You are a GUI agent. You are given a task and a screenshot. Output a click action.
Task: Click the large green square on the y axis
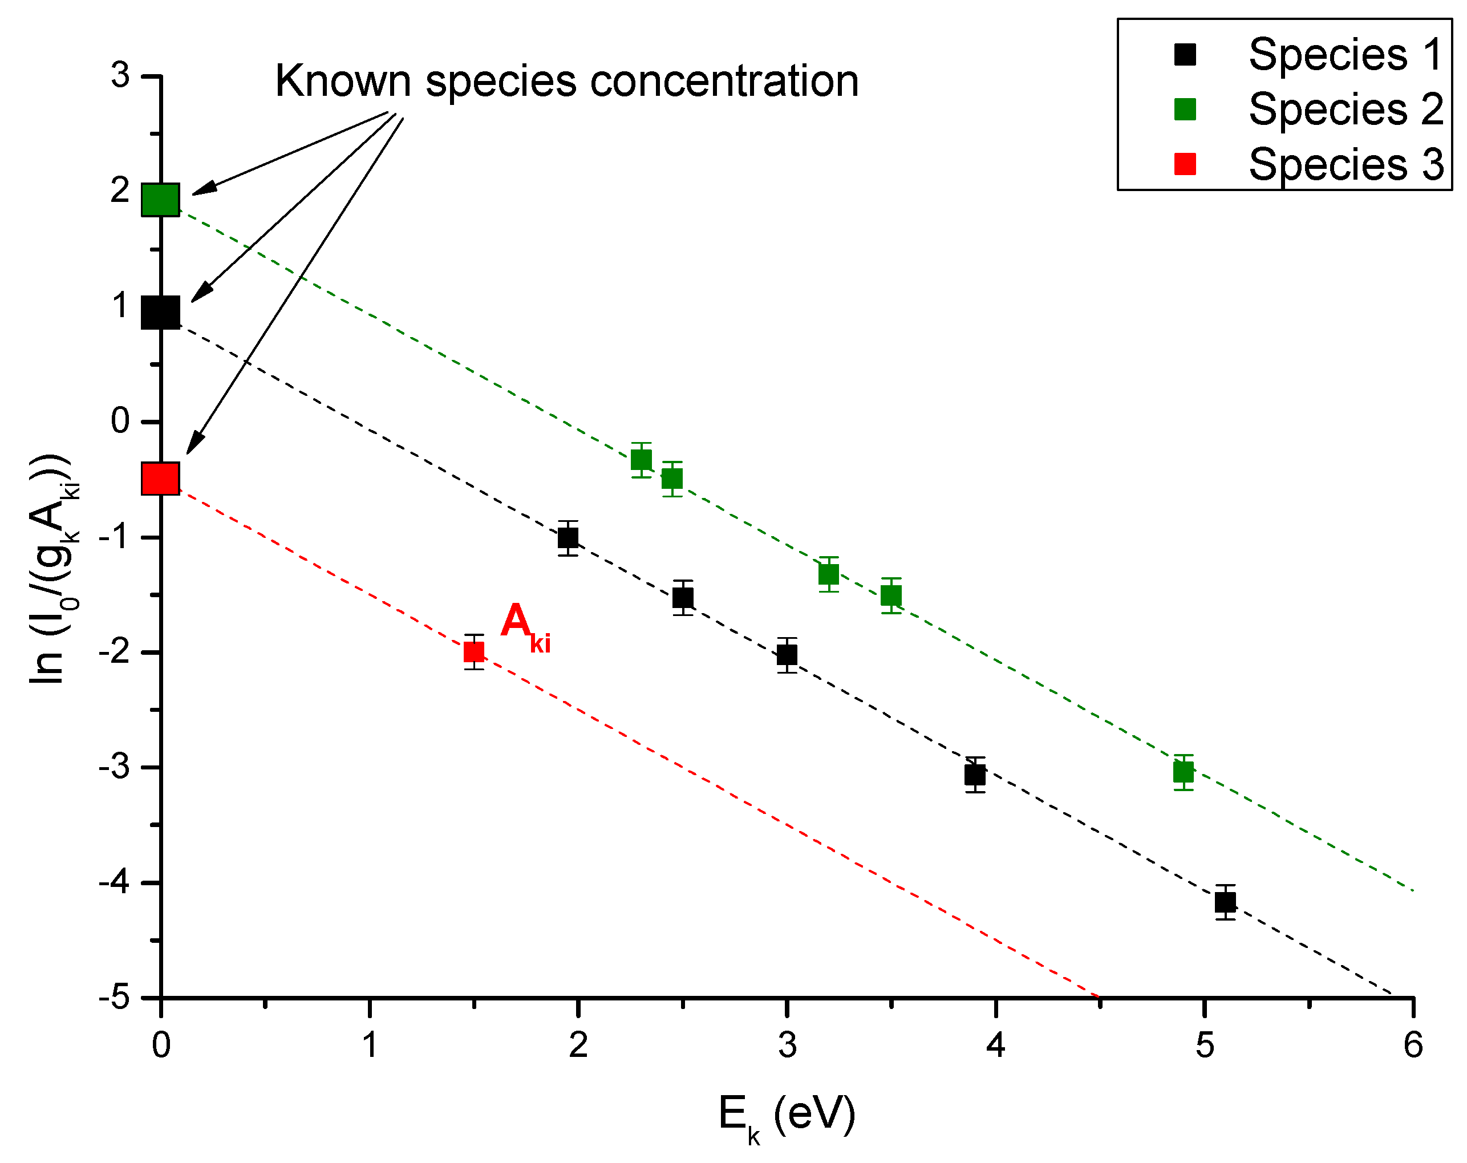click(161, 200)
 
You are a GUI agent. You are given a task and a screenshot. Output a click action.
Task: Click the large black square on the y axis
click(161, 313)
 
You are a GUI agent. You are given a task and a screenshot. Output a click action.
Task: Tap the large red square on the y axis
click(161, 479)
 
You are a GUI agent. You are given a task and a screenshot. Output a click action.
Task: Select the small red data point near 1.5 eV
click(474, 652)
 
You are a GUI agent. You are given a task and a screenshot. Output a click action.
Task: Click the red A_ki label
click(524, 626)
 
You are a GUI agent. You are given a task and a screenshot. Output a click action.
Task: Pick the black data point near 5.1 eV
click(1226, 902)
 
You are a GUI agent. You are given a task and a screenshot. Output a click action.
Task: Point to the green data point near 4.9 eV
click(1184, 772)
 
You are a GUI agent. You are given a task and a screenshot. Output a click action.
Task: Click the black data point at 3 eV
click(787, 655)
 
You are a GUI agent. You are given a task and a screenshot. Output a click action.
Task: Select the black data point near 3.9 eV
click(975, 775)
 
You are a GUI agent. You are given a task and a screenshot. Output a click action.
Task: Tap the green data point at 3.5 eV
click(891, 596)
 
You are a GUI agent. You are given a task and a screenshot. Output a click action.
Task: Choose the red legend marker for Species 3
click(1185, 164)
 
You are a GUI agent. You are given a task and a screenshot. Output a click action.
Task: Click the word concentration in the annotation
click(724, 82)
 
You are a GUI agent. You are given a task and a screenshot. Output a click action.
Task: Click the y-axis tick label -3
click(114, 767)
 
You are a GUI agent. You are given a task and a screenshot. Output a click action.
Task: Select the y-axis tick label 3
click(120, 75)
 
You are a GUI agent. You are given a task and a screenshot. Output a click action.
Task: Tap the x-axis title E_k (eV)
click(787, 1116)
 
